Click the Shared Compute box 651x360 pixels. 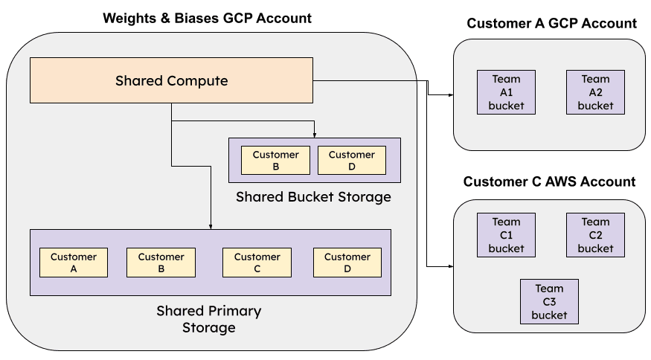pos(171,80)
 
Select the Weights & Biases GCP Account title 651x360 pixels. pos(207,18)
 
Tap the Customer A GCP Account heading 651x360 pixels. pos(551,24)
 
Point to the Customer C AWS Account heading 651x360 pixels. pos(549,181)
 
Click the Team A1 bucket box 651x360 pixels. pos(506,92)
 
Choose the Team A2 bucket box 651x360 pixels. pos(595,92)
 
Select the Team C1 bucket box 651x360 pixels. pos(506,235)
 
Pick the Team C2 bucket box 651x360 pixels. pos(595,235)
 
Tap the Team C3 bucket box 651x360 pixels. pos(549,302)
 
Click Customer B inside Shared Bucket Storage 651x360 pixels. pos(275,161)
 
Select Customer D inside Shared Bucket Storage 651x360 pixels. pos(351,161)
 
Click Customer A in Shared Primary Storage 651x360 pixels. pos(74,263)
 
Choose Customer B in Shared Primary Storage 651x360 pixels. pos(161,263)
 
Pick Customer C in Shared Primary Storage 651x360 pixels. pos(257,263)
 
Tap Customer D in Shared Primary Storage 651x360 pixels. pos(347,263)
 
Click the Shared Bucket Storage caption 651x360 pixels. pos(313,197)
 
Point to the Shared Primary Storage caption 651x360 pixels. pos(209,318)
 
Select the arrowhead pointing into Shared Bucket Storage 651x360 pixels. pos(315,135)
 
